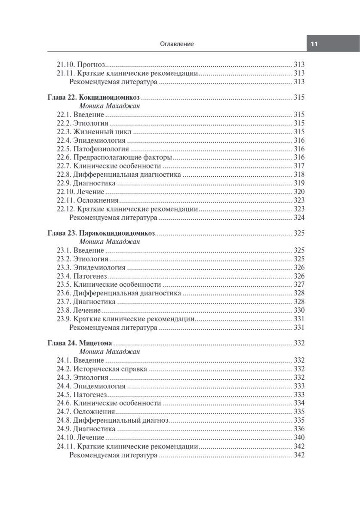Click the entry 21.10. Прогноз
81,65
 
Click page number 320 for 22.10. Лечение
299,192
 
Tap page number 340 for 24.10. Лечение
299,437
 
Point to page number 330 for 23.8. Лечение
299,310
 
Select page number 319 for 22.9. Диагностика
299,183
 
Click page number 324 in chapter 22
299,218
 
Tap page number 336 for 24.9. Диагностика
299,429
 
